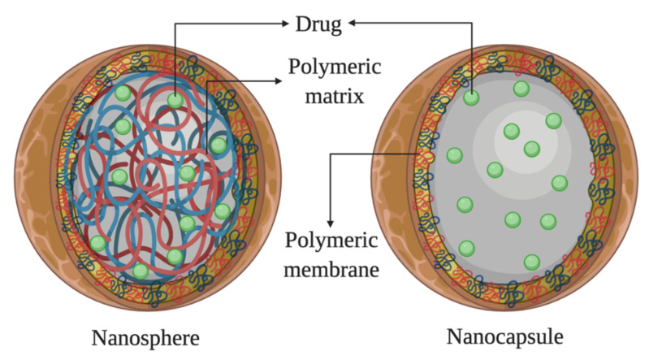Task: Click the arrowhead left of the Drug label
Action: pyautogui.click(x=284, y=23)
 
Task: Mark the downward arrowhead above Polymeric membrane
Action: pyautogui.click(x=330, y=222)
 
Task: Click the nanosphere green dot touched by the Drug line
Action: pyautogui.click(x=175, y=101)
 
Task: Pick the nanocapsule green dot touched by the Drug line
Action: pyautogui.click(x=471, y=98)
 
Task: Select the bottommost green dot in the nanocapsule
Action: pyautogui.click(x=532, y=261)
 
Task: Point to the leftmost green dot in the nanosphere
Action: pyautogui.click(x=98, y=242)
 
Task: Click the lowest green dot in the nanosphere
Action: pyautogui.click(x=141, y=270)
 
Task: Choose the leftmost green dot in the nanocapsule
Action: pyautogui.click(x=454, y=154)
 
